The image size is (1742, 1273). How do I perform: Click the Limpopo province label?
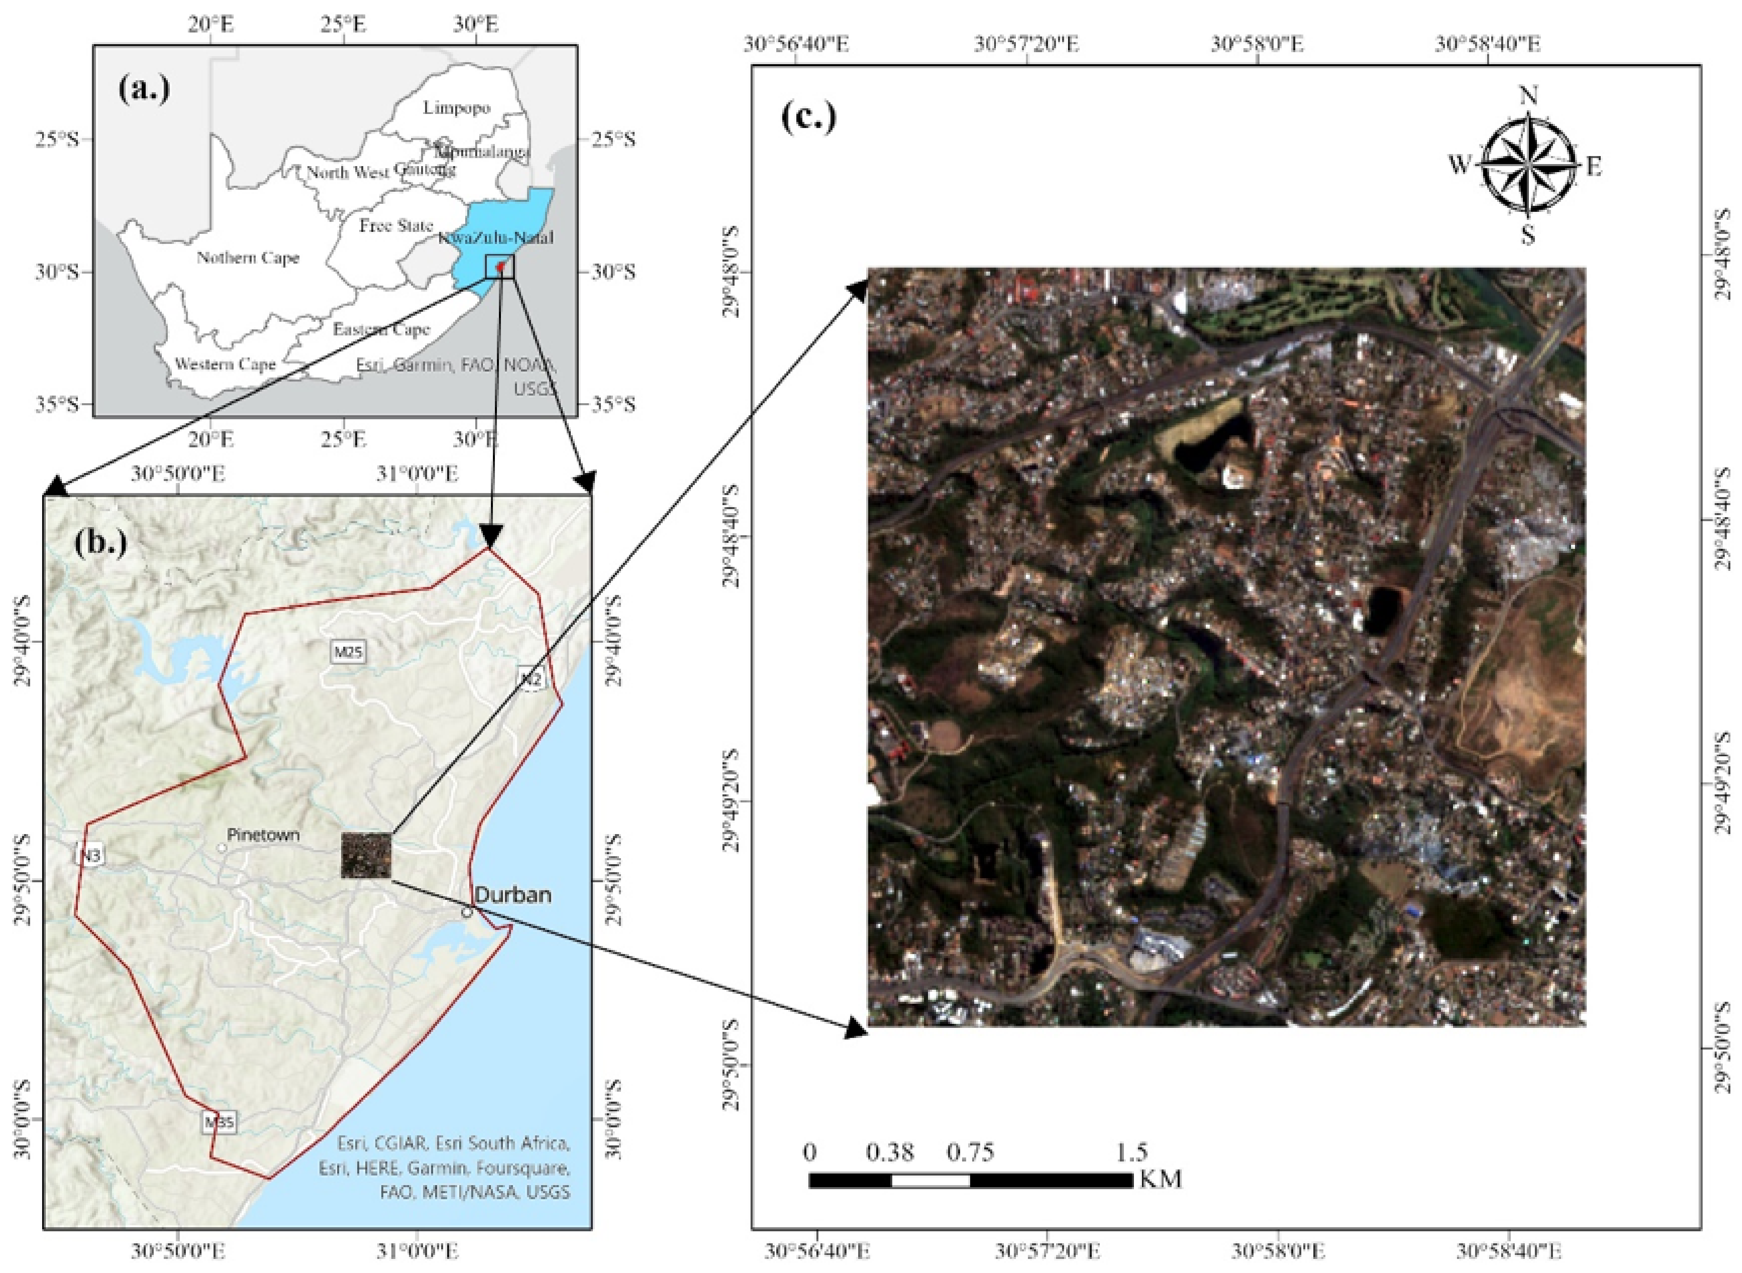tap(456, 108)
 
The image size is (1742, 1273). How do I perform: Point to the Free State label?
tap(395, 226)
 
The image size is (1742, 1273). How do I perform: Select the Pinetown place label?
tap(263, 834)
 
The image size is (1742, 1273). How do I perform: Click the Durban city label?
tap(513, 895)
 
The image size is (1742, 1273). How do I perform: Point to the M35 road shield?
tap(219, 1122)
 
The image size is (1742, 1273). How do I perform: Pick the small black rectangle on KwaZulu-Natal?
tap(499, 267)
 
